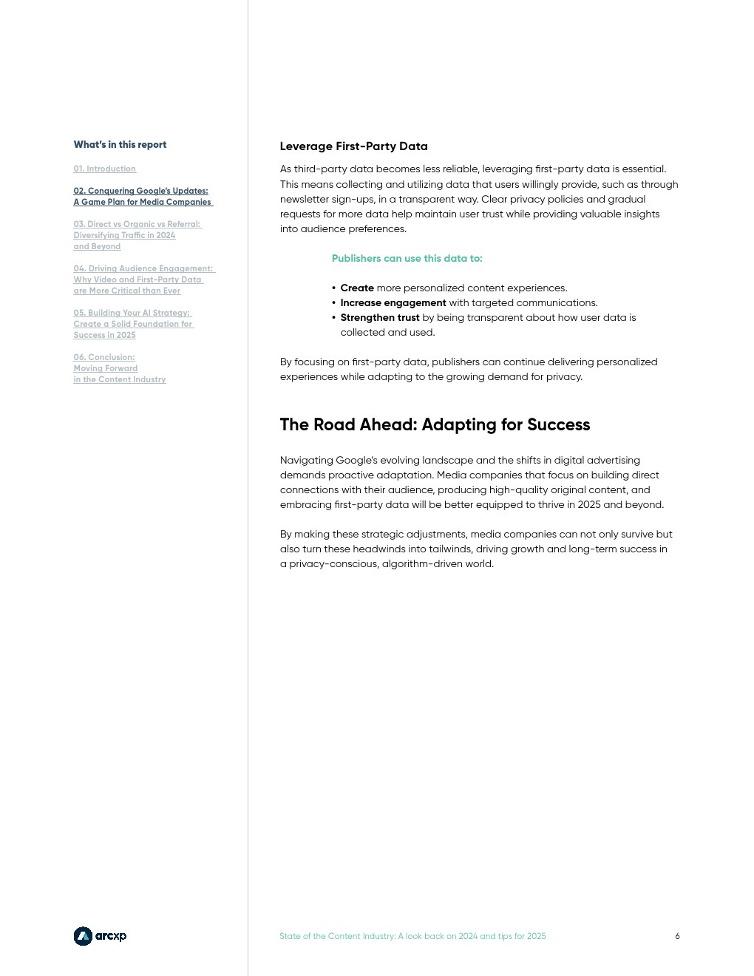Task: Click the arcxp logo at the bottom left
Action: tap(100, 936)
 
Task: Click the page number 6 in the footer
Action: tap(677, 936)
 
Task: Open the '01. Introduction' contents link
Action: tap(104, 169)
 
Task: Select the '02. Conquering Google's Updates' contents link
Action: tap(143, 196)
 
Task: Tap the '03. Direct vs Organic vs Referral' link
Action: tap(137, 235)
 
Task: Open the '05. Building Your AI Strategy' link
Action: tap(132, 324)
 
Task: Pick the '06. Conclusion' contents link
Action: tap(119, 368)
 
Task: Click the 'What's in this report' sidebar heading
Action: tap(120, 145)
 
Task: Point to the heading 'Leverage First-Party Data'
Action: tap(353, 146)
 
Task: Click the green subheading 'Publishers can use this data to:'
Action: tap(407, 259)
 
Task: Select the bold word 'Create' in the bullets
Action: tap(357, 288)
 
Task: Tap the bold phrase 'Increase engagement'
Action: tap(393, 303)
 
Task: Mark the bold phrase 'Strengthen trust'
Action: tap(379, 318)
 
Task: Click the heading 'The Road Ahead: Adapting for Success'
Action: tap(435, 425)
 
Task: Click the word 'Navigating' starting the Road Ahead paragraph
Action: tap(304, 461)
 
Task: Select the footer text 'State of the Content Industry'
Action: tap(338, 936)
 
